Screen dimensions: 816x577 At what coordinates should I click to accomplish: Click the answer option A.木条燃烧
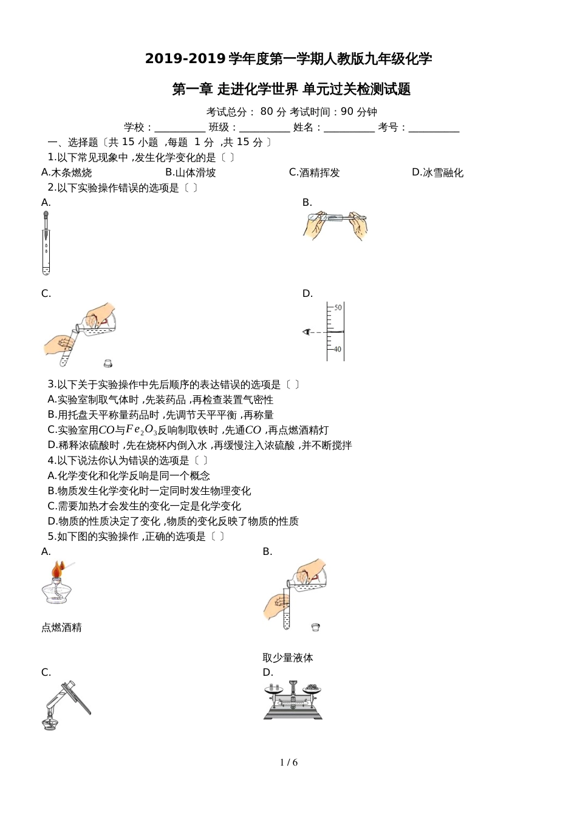pyautogui.click(x=67, y=172)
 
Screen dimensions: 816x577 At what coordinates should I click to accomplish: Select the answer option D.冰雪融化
pyautogui.click(x=437, y=172)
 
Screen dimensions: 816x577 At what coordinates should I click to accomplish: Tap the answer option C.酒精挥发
pyautogui.click(x=314, y=172)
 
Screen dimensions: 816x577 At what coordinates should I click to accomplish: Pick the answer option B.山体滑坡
pyautogui.click(x=190, y=172)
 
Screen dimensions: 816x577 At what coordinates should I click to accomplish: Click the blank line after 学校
pyautogui.click(x=180, y=128)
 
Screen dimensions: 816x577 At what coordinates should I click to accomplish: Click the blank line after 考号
pyautogui.click(x=434, y=128)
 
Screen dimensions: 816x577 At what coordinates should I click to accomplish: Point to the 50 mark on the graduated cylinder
pyautogui.click(x=338, y=308)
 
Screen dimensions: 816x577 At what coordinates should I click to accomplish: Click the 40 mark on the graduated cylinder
pyautogui.click(x=338, y=349)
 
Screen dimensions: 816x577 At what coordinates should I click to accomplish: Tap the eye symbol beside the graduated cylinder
pyautogui.click(x=307, y=331)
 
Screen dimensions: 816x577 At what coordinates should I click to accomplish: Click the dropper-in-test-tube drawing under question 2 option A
pyautogui.click(x=46, y=243)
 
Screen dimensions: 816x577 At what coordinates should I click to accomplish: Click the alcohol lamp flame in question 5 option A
pyautogui.click(x=57, y=570)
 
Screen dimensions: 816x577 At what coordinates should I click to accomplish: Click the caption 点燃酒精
pyautogui.click(x=61, y=628)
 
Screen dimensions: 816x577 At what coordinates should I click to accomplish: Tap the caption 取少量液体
pyautogui.click(x=288, y=658)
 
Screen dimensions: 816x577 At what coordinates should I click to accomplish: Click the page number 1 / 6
pyautogui.click(x=288, y=763)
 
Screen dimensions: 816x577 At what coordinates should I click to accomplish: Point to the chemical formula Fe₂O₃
pyautogui.click(x=142, y=430)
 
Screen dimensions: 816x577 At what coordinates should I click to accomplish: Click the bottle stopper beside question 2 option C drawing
pyautogui.click(x=108, y=363)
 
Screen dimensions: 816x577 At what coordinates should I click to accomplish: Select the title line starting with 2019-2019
pyautogui.click(x=288, y=59)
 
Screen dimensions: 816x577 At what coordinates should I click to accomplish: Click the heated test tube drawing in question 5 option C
pyautogui.click(x=66, y=704)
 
